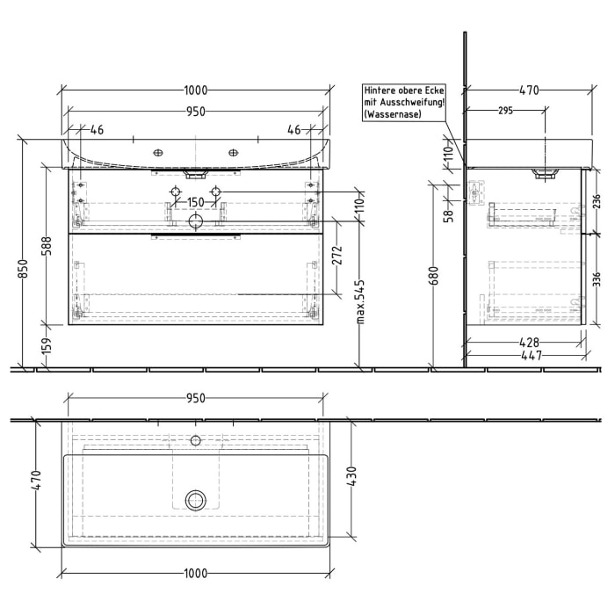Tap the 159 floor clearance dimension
coord(47,348)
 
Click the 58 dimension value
coord(448,213)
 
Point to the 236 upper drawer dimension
coord(596,200)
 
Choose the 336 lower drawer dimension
coord(596,280)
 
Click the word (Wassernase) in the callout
coord(395,115)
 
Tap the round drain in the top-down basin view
coord(195,500)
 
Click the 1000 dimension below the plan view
coord(195,574)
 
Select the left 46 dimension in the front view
coord(96,130)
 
